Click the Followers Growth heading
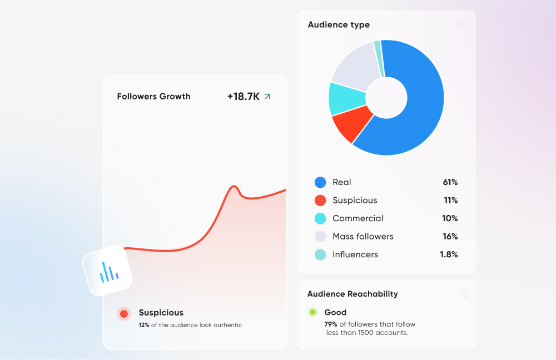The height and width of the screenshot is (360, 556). (153, 96)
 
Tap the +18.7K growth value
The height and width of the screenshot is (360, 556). (243, 96)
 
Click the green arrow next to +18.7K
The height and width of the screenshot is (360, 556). (267, 96)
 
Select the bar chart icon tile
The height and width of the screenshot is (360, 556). (108, 271)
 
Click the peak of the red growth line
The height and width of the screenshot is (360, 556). (234, 186)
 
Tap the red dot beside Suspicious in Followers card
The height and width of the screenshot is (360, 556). (124, 314)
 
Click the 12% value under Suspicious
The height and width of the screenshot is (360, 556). (144, 325)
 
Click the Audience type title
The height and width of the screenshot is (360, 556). (339, 24)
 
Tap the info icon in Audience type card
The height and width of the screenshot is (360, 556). (459, 25)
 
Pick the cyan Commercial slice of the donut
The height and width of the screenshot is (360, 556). (345, 98)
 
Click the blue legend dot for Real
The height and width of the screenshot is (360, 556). (320, 182)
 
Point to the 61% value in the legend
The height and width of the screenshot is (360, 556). (450, 182)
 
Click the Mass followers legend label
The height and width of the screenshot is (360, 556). (363, 236)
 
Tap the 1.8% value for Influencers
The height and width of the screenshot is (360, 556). (449, 254)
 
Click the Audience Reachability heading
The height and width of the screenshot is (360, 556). (353, 294)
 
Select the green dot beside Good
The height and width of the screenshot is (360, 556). (312, 312)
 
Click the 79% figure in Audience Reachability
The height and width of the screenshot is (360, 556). (331, 324)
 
